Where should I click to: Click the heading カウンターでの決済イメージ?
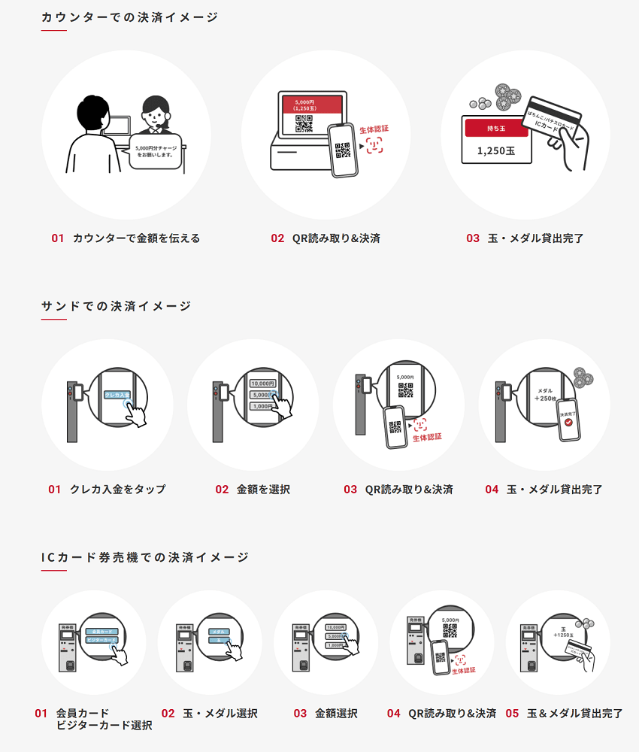[x=129, y=17]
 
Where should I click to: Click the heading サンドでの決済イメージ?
[x=116, y=306]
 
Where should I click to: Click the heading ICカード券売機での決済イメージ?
[x=144, y=557]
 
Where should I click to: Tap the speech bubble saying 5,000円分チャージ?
[x=156, y=151]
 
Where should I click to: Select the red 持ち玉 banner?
[x=497, y=128]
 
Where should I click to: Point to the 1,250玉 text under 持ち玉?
[x=497, y=150]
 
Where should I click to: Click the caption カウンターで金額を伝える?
[x=136, y=238]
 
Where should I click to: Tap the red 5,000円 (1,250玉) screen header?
[x=311, y=105]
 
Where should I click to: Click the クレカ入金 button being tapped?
[x=116, y=395]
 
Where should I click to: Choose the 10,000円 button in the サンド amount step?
[x=262, y=384]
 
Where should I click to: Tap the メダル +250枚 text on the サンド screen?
[x=546, y=396]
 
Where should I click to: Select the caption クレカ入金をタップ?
[x=117, y=490]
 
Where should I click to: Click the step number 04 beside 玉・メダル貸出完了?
[x=492, y=490]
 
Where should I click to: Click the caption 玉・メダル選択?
[x=220, y=714]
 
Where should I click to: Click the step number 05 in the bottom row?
[x=512, y=714]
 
